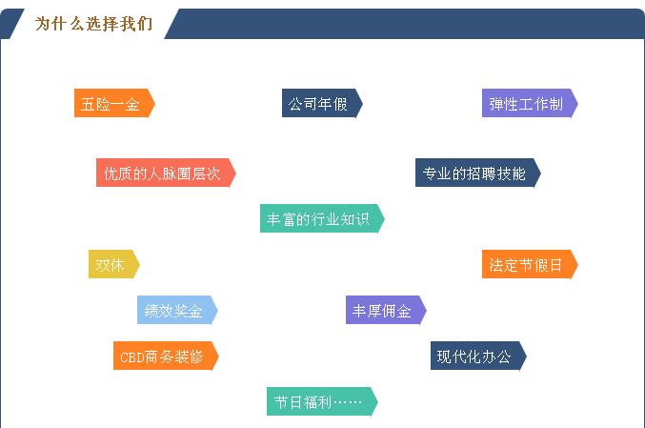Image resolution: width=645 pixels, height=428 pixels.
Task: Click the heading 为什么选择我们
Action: point(93,24)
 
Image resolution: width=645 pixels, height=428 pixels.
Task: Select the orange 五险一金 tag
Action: point(114,103)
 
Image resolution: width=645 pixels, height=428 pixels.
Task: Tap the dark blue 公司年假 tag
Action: point(322,103)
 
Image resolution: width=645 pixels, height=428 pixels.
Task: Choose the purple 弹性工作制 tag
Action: point(530,103)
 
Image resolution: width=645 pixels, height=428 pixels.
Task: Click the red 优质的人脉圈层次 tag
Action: point(166,173)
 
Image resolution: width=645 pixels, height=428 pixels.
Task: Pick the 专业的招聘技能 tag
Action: point(478,173)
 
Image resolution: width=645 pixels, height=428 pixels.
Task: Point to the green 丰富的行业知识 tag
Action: point(322,218)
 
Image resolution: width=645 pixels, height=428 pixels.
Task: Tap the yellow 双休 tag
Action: point(114,264)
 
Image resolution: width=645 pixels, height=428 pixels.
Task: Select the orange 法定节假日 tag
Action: point(530,264)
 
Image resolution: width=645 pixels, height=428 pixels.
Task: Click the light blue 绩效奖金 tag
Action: point(177,310)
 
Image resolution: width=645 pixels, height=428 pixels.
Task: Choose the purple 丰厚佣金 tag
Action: point(386,310)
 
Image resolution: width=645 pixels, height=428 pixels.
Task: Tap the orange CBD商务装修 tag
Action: point(166,356)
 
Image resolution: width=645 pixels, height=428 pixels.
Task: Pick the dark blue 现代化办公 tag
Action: point(478,356)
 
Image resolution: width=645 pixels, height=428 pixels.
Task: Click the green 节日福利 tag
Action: point(322,401)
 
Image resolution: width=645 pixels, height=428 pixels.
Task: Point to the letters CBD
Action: point(132,357)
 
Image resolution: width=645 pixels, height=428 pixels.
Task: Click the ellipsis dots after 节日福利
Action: point(348,402)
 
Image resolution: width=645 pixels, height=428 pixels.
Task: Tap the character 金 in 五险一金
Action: point(132,104)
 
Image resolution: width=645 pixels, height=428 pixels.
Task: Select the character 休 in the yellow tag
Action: point(117,265)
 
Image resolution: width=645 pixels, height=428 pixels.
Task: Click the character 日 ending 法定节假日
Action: point(555,265)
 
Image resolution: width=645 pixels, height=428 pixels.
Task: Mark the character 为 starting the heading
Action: point(42,24)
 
